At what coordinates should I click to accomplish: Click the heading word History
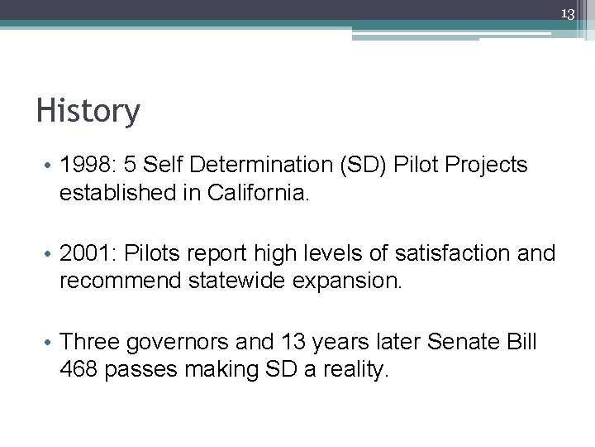click(88, 111)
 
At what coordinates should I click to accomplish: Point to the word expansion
click(350, 281)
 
